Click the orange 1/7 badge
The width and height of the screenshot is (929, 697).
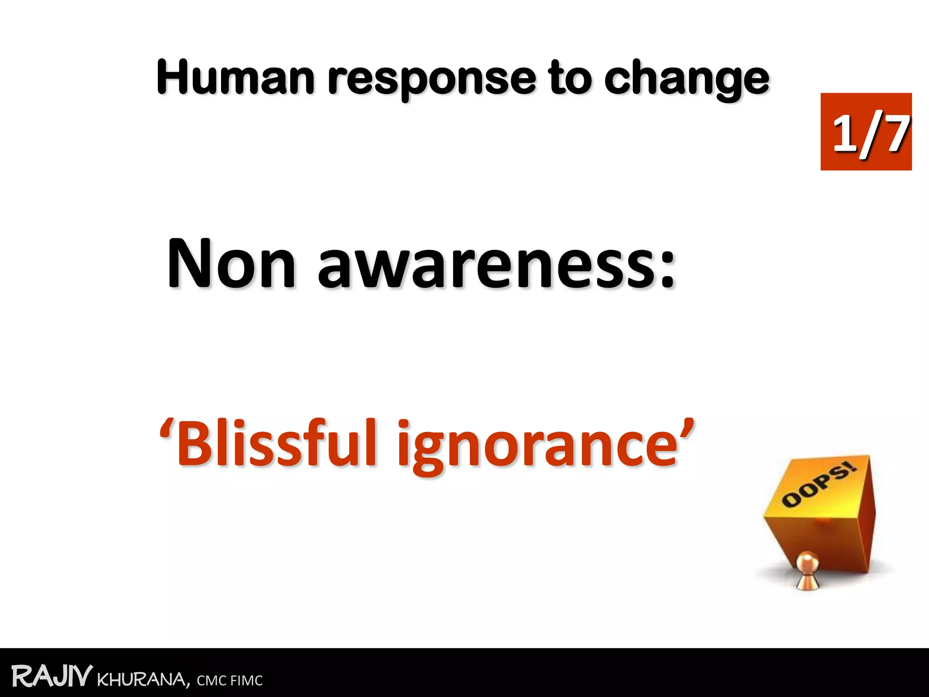866,132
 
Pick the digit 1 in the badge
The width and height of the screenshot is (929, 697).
845,133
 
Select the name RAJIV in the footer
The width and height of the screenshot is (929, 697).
52,677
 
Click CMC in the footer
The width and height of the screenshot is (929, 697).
211,681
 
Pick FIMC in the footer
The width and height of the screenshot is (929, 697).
246,681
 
